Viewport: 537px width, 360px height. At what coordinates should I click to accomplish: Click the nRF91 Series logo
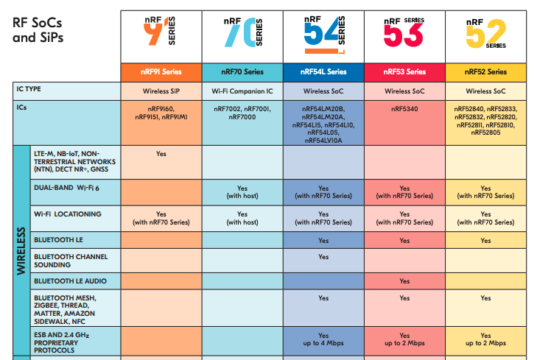(x=161, y=35)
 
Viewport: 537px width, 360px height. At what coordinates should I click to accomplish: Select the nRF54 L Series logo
(x=323, y=35)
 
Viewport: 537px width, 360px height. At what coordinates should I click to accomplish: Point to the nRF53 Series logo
(x=404, y=35)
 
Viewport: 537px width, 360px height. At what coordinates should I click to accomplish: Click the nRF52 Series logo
(x=485, y=35)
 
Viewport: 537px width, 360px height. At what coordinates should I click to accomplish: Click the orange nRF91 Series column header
(x=161, y=72)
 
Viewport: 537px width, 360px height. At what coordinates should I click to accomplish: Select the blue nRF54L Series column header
(x=323, y=72)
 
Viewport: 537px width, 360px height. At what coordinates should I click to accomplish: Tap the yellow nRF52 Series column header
(x=485, y=72)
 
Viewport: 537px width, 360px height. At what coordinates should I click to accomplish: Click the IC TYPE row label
(x=29, y=89)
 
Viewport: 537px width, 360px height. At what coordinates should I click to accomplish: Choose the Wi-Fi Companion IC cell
(x=242, y=91)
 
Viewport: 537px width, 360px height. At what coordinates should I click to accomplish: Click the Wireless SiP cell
(x=161, y=91)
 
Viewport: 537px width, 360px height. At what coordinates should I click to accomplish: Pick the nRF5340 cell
(x=404, y=108)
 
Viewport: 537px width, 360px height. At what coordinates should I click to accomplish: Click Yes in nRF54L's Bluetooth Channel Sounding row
(x=323, y=257)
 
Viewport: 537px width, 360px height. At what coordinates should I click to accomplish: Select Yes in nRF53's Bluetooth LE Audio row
(x=404, y=281)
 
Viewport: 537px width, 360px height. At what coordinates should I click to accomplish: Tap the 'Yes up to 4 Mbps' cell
(x=323, y=339)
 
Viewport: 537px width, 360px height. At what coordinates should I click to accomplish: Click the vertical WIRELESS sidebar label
(x=21, y=250)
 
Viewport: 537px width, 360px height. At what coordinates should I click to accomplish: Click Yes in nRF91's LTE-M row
(x=161, y=154)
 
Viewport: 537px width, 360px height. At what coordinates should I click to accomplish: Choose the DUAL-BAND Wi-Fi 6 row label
(x=66, y=188)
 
